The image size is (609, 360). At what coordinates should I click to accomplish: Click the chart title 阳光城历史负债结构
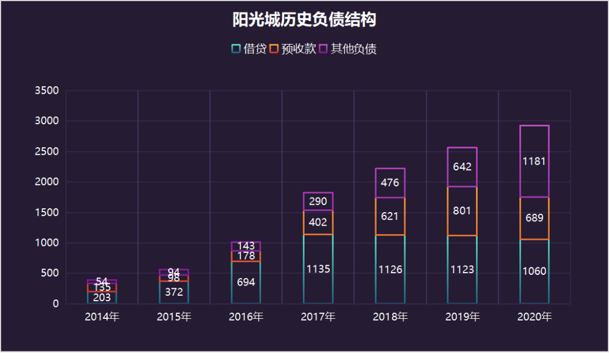[304, 20]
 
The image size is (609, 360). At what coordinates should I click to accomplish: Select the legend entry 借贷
[249, 49]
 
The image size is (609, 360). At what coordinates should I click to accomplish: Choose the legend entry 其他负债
[347, 49]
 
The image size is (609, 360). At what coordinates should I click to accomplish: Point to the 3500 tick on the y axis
[47, 91]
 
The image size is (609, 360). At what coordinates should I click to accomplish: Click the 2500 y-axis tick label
[47, 152]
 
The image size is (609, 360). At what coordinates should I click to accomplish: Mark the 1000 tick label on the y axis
[47, 243]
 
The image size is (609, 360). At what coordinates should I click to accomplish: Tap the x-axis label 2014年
[102, 317]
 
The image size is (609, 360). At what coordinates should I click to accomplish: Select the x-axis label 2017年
[318, 317]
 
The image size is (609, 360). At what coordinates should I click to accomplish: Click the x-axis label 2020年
[535, 317]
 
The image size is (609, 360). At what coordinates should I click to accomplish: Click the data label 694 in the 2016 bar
[246, 282]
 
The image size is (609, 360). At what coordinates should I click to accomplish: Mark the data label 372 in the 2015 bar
[174, 292]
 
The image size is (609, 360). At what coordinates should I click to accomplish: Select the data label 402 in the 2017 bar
[318, 222]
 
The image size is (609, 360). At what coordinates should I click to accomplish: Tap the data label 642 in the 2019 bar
[462, 167]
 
